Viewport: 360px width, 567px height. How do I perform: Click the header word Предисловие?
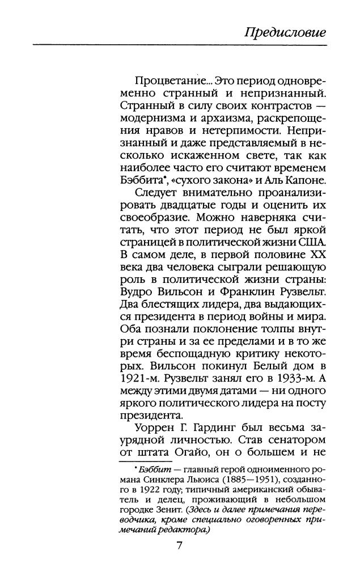pos(285,32)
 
